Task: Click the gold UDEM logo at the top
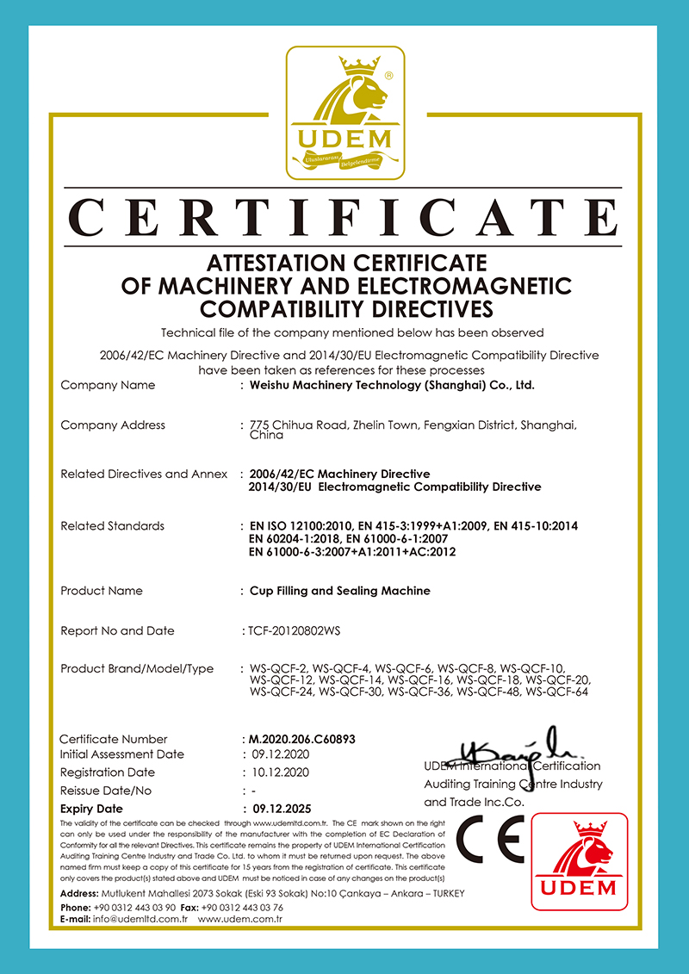point(344,113)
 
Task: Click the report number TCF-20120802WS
point(294,630)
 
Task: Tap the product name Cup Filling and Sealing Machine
point(339,591)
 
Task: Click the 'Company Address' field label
point(113,425)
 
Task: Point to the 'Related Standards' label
point(112,525)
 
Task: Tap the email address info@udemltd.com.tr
point(138,919)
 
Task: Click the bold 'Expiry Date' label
point(91,809)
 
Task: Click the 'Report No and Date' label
point(117,630)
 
